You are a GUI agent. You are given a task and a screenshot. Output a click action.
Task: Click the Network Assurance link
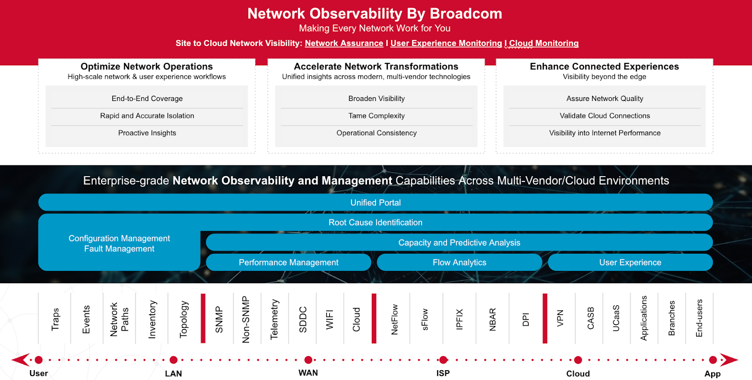[x=344, y=43]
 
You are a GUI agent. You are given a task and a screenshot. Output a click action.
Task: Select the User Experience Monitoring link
[x=446, y=43]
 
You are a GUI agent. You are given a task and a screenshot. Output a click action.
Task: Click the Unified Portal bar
[x=376, y=202]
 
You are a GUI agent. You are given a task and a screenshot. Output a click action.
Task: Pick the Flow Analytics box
[x=459, y=262]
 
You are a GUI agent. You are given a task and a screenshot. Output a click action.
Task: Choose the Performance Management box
[x=289, y=262]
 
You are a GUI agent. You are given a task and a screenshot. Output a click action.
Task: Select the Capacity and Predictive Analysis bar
[x=459, y=242]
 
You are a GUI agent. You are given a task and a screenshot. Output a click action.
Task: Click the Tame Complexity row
[x=376, y=116]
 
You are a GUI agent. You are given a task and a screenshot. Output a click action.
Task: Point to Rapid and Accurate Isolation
[x=147, y=116]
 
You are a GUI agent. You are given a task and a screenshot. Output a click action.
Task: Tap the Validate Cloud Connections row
[x=604, y=116]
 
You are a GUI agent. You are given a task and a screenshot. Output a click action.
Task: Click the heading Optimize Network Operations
[x=147, y=66]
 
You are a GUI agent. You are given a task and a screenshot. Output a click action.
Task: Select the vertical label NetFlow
[x=394, y=319]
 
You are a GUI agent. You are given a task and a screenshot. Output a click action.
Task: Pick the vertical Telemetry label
[x=274, y=319]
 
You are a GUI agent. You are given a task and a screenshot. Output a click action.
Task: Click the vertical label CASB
[x=590, y=318]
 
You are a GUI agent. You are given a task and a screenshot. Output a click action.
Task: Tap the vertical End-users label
[x=699, y=318]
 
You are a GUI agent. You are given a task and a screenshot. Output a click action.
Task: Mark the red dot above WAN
[x=308, y=360]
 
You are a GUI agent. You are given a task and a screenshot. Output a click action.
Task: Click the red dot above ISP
[x=443, y=360]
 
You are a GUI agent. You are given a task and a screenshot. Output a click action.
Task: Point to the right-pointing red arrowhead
[x=728, y=360]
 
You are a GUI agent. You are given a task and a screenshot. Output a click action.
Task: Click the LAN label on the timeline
[x=173, y=373]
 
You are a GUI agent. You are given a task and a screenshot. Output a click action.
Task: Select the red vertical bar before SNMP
[x=203, y=318]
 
